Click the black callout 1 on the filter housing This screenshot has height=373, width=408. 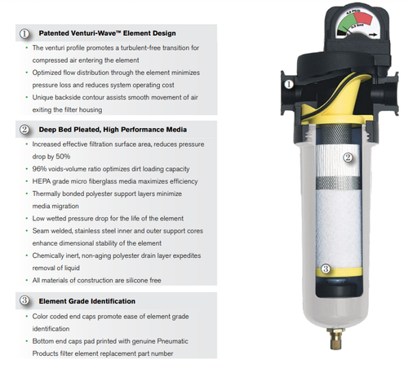[289, 83]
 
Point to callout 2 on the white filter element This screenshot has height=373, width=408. [347, 158]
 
